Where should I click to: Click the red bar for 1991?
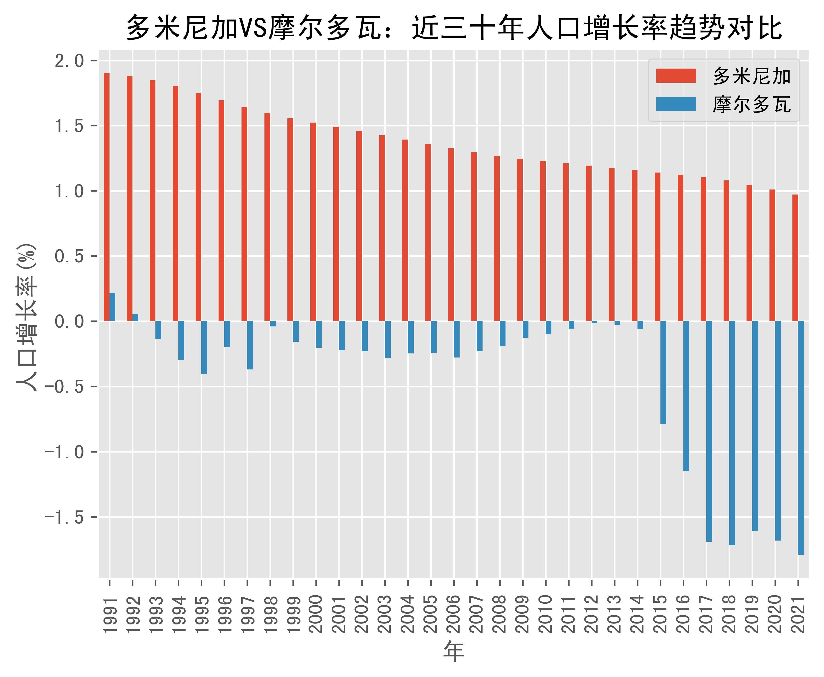point(106,197)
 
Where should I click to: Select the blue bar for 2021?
point(801,438)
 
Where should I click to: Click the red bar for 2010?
point(543,241)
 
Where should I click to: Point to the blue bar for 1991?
point(112,307)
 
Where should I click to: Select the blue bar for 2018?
point(732,433)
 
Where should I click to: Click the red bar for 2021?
point(795,258)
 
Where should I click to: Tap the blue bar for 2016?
point(686,396)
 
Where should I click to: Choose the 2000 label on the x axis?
point(316,614)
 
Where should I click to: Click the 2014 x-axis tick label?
point(637,614)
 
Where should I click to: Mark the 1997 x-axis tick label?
point(247,614)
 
